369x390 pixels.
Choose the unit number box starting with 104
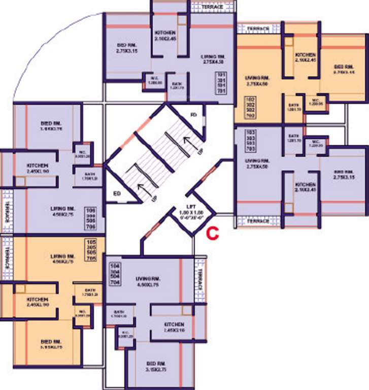[114, 274]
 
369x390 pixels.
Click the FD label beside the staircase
[193, 114]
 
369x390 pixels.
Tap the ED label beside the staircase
[117, 193]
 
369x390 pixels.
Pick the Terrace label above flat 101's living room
[212, 7]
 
